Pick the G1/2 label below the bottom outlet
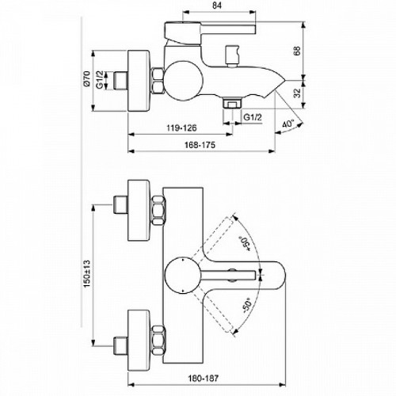coord(253,117)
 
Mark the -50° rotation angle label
coord(246,307)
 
